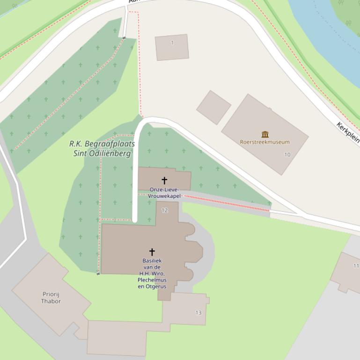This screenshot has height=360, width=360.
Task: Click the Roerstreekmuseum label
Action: (264, 142)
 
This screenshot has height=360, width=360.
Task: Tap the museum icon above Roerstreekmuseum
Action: (265, 134)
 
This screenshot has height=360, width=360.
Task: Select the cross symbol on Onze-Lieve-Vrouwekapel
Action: (164, 180)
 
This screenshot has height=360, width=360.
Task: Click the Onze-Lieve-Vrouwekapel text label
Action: (164, 193)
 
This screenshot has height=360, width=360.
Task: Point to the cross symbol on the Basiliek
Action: (152, 252)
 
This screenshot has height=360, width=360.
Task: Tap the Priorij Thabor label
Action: (51, 297)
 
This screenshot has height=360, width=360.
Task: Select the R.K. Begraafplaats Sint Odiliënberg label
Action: (102, 148)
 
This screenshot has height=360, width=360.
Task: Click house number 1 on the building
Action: (172, 43)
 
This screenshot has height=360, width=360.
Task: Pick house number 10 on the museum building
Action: (287, 155)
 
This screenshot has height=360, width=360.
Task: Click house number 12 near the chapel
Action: (164, 210)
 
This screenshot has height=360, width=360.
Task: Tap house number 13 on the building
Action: (198, 313)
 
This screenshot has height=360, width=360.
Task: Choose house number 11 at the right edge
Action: (356, 266)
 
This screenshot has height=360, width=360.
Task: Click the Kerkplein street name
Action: (348, 132)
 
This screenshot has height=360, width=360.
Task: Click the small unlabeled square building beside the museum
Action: (213, 108)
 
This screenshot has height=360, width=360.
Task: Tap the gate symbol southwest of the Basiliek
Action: (98, 274)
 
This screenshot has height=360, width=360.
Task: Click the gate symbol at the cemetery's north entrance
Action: (124, 38)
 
